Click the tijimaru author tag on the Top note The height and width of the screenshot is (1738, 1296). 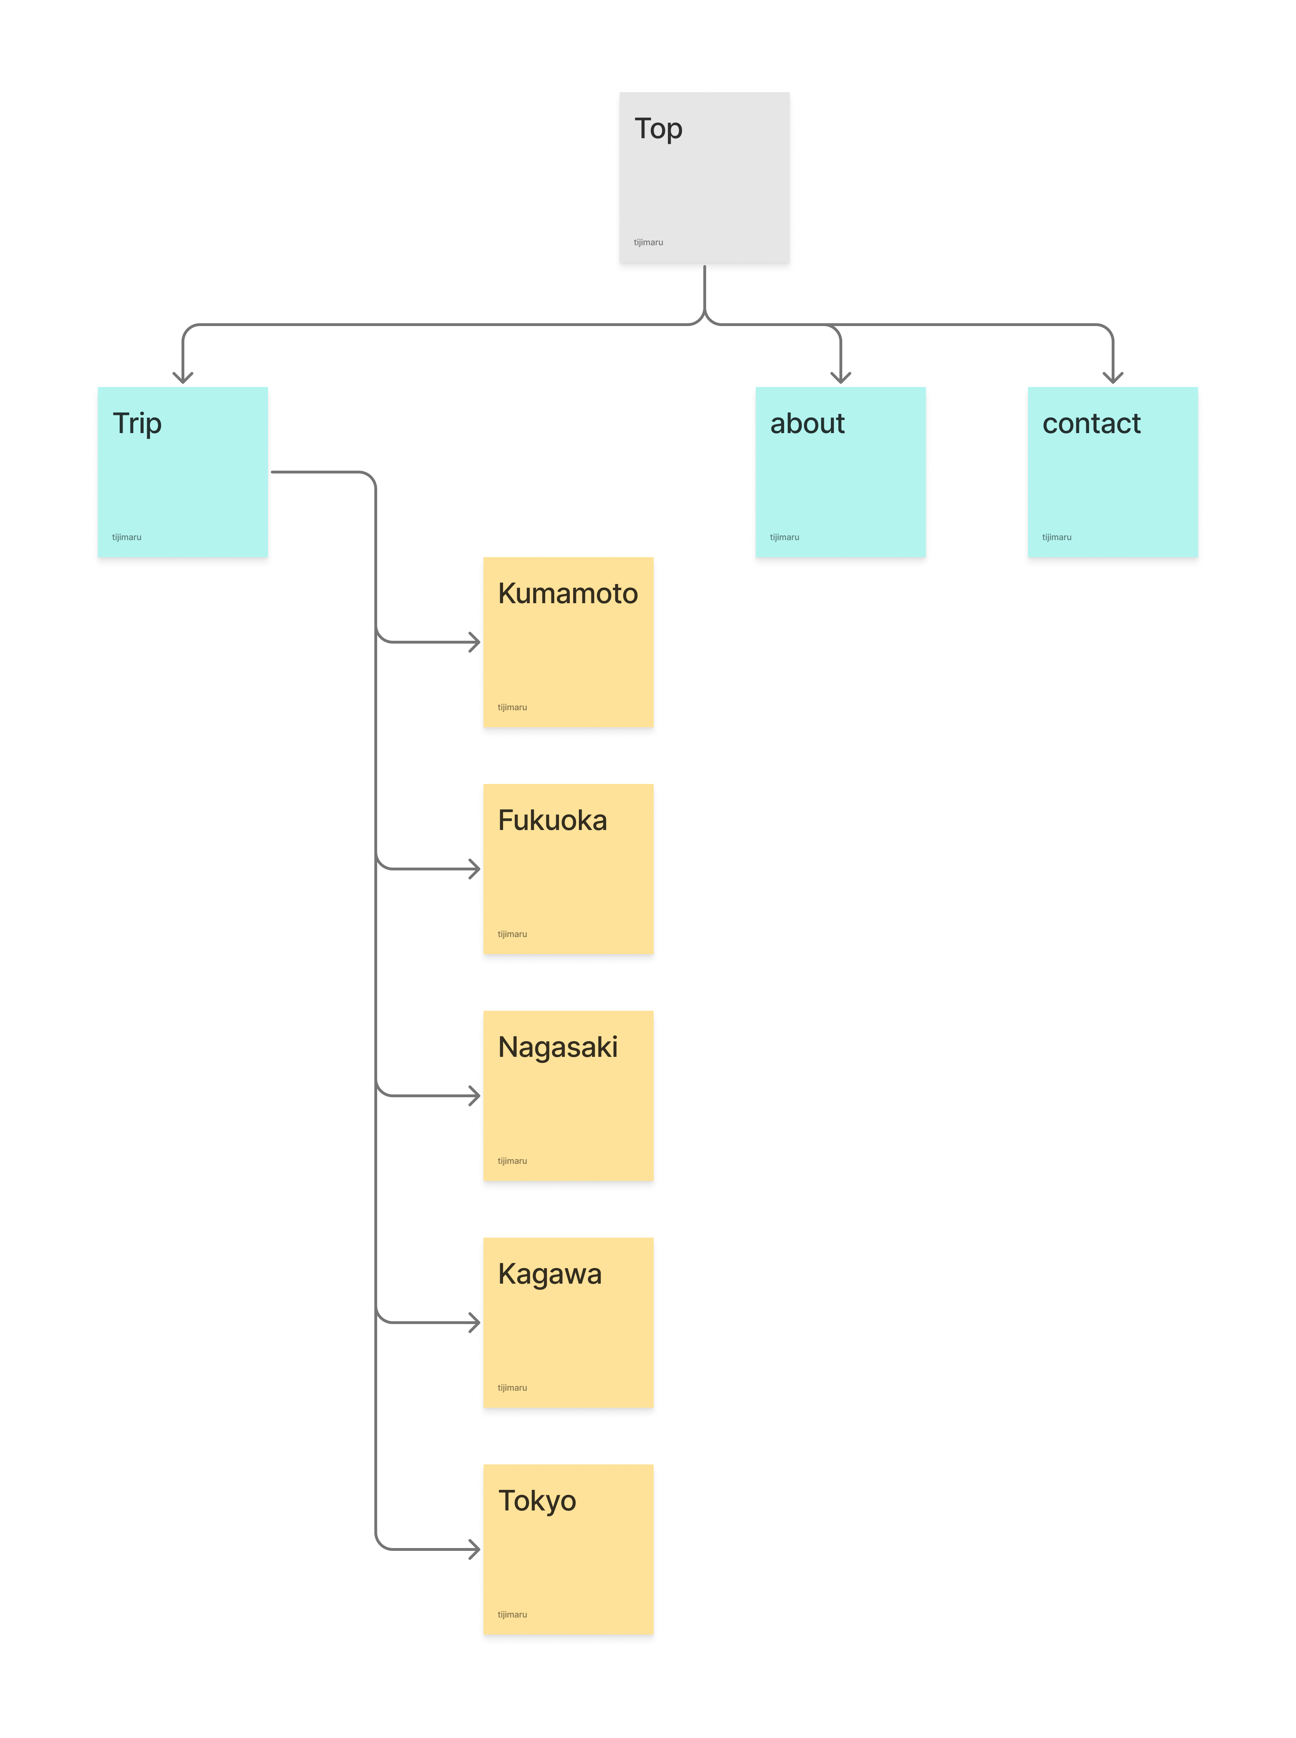point(648,242)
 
